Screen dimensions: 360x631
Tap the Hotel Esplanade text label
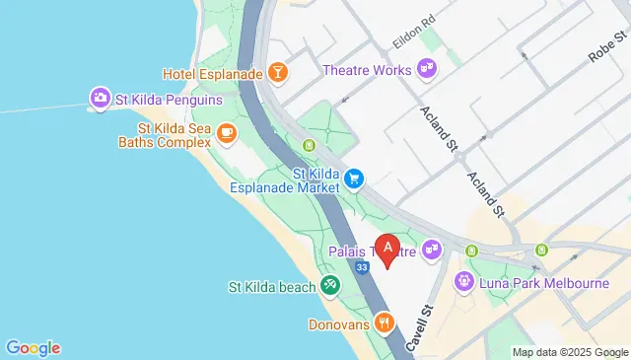[213, 74]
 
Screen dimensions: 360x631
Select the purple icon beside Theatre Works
[427, 70]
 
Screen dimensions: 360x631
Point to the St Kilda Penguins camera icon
[100, 99]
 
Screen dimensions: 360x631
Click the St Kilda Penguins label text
[169, 100]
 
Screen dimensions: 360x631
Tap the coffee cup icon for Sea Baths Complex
[226, 132]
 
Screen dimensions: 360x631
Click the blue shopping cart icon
[353, 179]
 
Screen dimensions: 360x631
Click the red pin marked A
[388, 250]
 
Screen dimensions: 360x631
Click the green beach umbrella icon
[329, 287]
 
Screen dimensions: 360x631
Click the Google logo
[33, 347]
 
